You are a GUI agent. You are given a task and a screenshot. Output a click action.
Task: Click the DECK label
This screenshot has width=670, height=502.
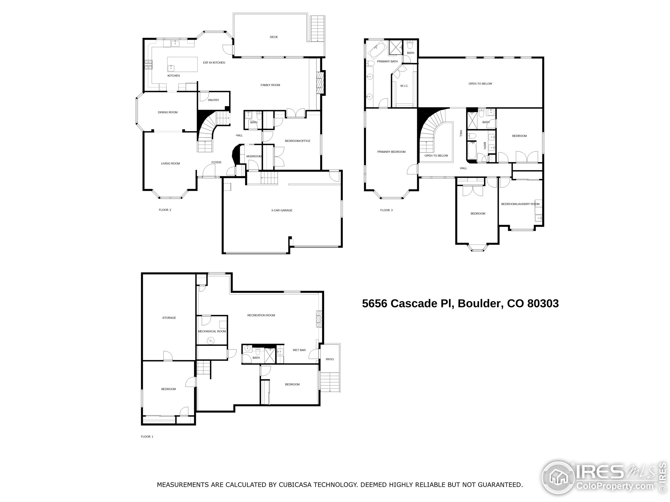click(x=273, y=37)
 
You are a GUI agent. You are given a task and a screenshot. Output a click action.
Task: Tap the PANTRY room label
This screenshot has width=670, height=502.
click(x=213, y=100)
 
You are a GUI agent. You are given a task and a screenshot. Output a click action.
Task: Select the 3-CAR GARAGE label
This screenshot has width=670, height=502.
click(x=281, y=210)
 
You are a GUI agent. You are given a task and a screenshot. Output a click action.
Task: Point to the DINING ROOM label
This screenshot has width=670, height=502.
click(x=167, y=112)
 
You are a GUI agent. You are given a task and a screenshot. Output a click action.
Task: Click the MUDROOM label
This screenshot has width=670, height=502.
click(x=254, y=156)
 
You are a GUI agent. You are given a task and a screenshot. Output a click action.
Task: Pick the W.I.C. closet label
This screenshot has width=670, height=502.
click(x=404, y=86)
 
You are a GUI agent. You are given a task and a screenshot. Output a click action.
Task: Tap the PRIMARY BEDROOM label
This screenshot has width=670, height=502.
click(x=391, y=152)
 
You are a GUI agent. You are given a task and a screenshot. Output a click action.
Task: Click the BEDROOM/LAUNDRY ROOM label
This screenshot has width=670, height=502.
click(x=520, y=204)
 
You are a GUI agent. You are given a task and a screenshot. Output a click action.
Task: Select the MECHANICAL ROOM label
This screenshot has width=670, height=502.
click(x=212, y=331)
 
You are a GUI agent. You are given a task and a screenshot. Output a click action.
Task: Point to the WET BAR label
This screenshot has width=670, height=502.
click(x=299, y=350)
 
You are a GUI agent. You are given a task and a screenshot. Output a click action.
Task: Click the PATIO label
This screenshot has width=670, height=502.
click(x=330, y=360)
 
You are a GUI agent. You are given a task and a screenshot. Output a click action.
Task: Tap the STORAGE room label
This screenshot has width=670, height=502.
click(x=169, y=318)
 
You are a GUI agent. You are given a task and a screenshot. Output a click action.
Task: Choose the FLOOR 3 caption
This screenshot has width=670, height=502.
click(x=386, y=210)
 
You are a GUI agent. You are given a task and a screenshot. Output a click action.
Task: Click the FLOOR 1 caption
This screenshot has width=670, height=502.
click(x=147, y=437)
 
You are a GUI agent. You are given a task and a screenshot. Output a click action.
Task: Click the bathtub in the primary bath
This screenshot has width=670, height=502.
click(x=377, y=50)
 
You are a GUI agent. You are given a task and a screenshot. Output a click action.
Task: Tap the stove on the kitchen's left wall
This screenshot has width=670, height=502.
click(x=148, y=65)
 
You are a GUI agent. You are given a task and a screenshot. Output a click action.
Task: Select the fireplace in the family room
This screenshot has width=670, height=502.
click(x=320, y=83)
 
